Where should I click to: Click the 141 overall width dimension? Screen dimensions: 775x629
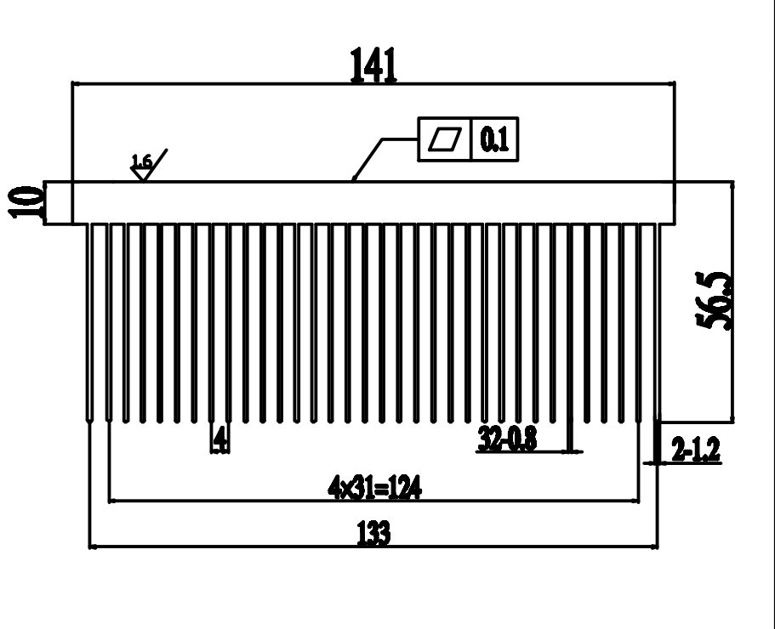click(x=373, y=65)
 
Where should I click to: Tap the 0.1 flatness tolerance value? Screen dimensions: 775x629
click(x=495, y=139)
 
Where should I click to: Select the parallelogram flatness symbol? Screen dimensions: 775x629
click(x=445, y=139)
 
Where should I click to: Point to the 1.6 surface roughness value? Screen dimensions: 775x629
click(x=141, y=161)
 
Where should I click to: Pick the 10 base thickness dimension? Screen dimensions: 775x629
click(x=26, y=202)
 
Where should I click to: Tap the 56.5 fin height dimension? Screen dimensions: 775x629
click(x=713, y=300)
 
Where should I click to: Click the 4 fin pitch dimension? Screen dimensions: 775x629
click(x=220, y=438)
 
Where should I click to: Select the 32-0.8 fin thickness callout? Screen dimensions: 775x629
click(x=507, y=438)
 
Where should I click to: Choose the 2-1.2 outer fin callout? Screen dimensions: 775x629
click(x=696, y=449)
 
